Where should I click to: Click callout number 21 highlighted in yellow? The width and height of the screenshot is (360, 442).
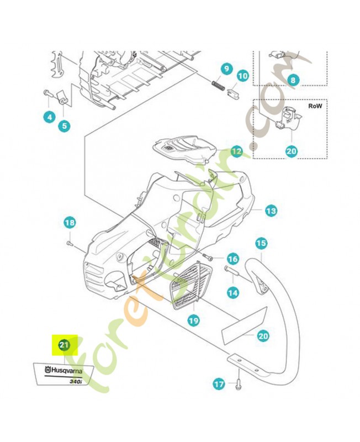[63, 346]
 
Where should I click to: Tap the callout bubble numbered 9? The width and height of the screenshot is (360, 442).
[226, 69]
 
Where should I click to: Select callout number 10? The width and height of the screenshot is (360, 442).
[242, 75]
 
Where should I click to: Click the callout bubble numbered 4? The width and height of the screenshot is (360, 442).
[49, 117]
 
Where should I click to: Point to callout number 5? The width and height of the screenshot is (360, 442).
[65, 125]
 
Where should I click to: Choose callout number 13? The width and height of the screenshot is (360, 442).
[271, 211]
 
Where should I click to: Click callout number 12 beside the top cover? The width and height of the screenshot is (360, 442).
[236, 150]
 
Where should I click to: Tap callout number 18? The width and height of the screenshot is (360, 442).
[69, 223]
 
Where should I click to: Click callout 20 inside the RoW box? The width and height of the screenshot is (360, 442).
[291, 150]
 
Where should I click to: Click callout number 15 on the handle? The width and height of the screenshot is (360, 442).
[261, 243]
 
